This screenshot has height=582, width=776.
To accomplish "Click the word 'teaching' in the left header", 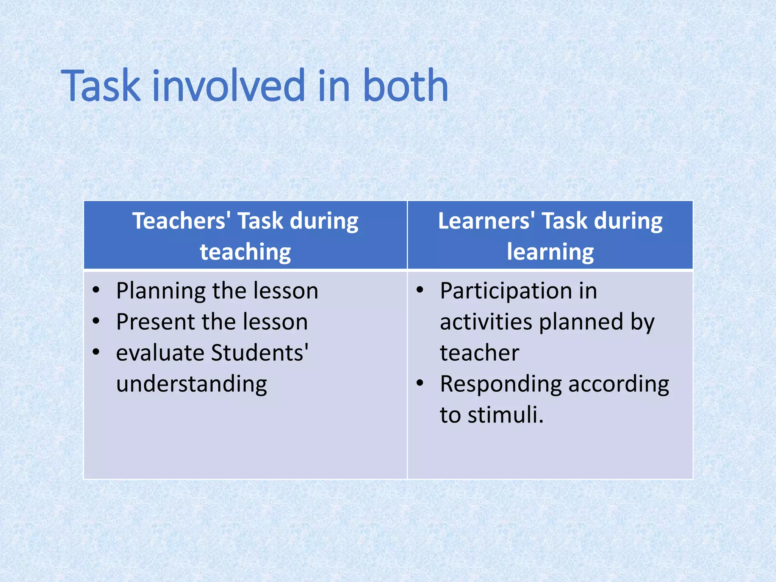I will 246,252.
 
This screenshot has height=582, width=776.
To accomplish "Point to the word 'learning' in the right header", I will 550,252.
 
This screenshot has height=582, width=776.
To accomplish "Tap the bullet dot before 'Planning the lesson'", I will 96,290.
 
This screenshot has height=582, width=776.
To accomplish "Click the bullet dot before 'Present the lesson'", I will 96,321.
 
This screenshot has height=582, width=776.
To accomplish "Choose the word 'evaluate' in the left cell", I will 160,353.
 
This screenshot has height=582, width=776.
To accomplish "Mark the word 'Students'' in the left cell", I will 260,353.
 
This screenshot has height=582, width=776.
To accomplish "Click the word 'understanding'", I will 192,384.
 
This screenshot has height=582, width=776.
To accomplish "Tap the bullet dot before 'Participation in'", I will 420,290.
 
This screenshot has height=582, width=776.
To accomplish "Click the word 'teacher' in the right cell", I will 479,353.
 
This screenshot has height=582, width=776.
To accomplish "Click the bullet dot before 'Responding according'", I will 420,383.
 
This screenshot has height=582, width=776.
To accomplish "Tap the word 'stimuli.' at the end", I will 505,415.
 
